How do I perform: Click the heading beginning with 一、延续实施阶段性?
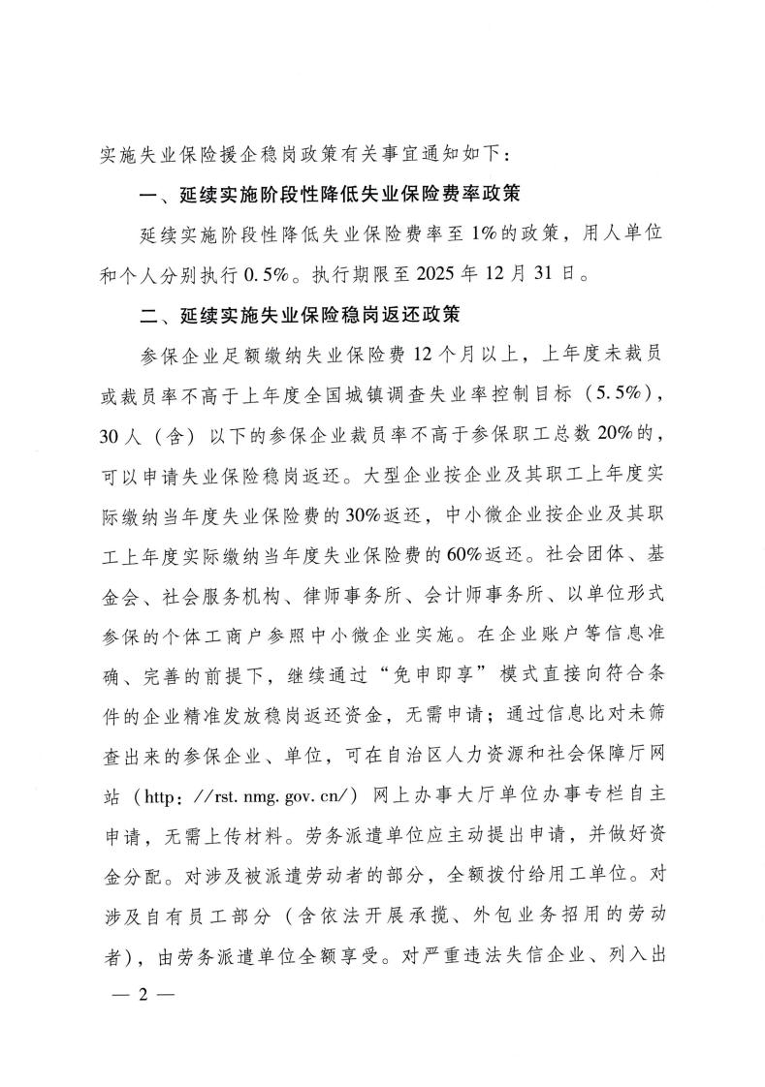(x=331, y=194)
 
